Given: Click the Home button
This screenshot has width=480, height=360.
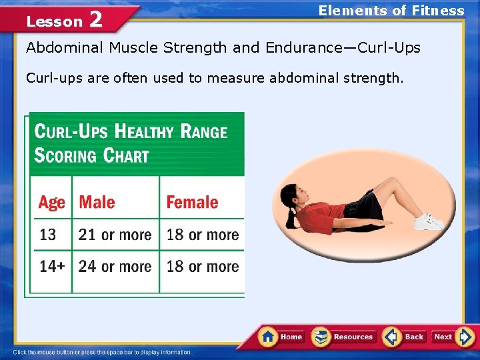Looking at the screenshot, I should click(281, 337).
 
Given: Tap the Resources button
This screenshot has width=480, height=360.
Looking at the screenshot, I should click(344, 337).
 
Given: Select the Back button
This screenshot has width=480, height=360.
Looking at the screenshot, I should click(405, 337).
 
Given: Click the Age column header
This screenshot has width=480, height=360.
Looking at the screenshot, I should click(52, 202).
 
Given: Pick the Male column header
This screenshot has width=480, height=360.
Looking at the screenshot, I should click(97, 202).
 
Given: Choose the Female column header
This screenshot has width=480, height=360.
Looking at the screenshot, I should click(192, 202).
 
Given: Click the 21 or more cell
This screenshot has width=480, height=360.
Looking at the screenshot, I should click(115, 235).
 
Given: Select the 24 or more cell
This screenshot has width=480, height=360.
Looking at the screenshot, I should click(115, 267).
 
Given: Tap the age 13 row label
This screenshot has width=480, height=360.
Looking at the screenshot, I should click(48, 235).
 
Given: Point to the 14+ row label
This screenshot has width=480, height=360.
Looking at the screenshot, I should click(52, 267).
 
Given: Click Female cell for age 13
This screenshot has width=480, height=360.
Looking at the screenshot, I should click(203, 235).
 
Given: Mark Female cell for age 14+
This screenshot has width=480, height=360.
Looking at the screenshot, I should click(203, 267).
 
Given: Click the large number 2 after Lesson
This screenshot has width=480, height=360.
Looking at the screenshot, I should click(95, 20).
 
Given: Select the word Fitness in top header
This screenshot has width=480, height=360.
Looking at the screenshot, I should click(438, 11).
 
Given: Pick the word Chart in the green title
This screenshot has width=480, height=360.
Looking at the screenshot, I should click(126, 156).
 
